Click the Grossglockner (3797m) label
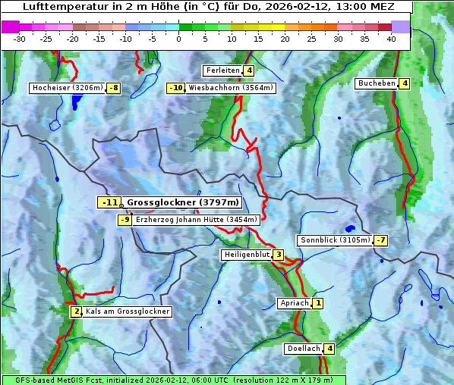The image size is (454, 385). (x=183, y=202)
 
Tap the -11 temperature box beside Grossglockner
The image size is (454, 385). (x=109, y=202)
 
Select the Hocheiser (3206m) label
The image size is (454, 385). (x=67, y=88)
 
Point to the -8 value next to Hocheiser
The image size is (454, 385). (x=113, y=88)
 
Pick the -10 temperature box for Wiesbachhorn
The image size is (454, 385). (x=176, y=88)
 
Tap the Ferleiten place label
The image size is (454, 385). (x=223, y=70)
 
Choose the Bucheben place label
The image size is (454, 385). (x=377, y=83)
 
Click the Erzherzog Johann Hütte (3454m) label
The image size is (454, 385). (x=197, y=220)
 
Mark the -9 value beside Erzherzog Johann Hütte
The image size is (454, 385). (x=125, y=220)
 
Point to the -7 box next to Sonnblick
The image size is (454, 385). (x=381, y=240)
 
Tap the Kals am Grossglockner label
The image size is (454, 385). (x=127, y=311)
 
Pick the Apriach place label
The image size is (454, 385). (x=295, y=303)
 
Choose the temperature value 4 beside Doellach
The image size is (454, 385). (x=329, y=349)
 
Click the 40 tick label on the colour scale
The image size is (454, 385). (x=391, y=38)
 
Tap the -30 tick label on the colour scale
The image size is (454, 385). (x=20, y=38)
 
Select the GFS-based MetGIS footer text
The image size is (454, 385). (x=173, y=380)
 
